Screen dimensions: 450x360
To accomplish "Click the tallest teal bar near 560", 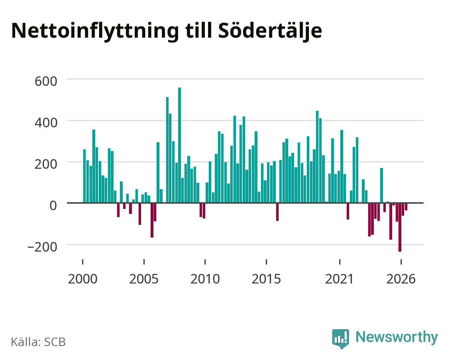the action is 180,145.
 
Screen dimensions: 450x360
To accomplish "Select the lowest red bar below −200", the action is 400,227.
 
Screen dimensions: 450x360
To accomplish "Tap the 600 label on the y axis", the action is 46,81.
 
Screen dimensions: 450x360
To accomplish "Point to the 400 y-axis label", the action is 46,123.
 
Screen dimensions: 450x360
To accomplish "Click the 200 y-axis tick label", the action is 46,164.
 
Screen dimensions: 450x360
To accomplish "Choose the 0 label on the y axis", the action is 53,205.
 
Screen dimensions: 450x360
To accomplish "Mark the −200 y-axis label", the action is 42,247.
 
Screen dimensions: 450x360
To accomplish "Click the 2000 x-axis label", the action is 83,279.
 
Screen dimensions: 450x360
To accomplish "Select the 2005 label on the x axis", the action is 144,279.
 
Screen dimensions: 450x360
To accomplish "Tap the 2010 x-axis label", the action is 205,279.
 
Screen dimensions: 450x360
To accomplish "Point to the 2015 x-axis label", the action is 266,279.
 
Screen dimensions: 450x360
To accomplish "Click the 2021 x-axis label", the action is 340,279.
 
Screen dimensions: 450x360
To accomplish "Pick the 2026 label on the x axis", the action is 401,279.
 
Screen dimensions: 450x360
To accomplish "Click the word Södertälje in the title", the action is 270,31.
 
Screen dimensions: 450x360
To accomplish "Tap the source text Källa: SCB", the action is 38,342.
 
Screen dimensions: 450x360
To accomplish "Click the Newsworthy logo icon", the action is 341,339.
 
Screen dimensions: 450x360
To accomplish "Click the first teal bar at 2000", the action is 85,176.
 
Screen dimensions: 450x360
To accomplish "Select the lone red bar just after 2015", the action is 277,212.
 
